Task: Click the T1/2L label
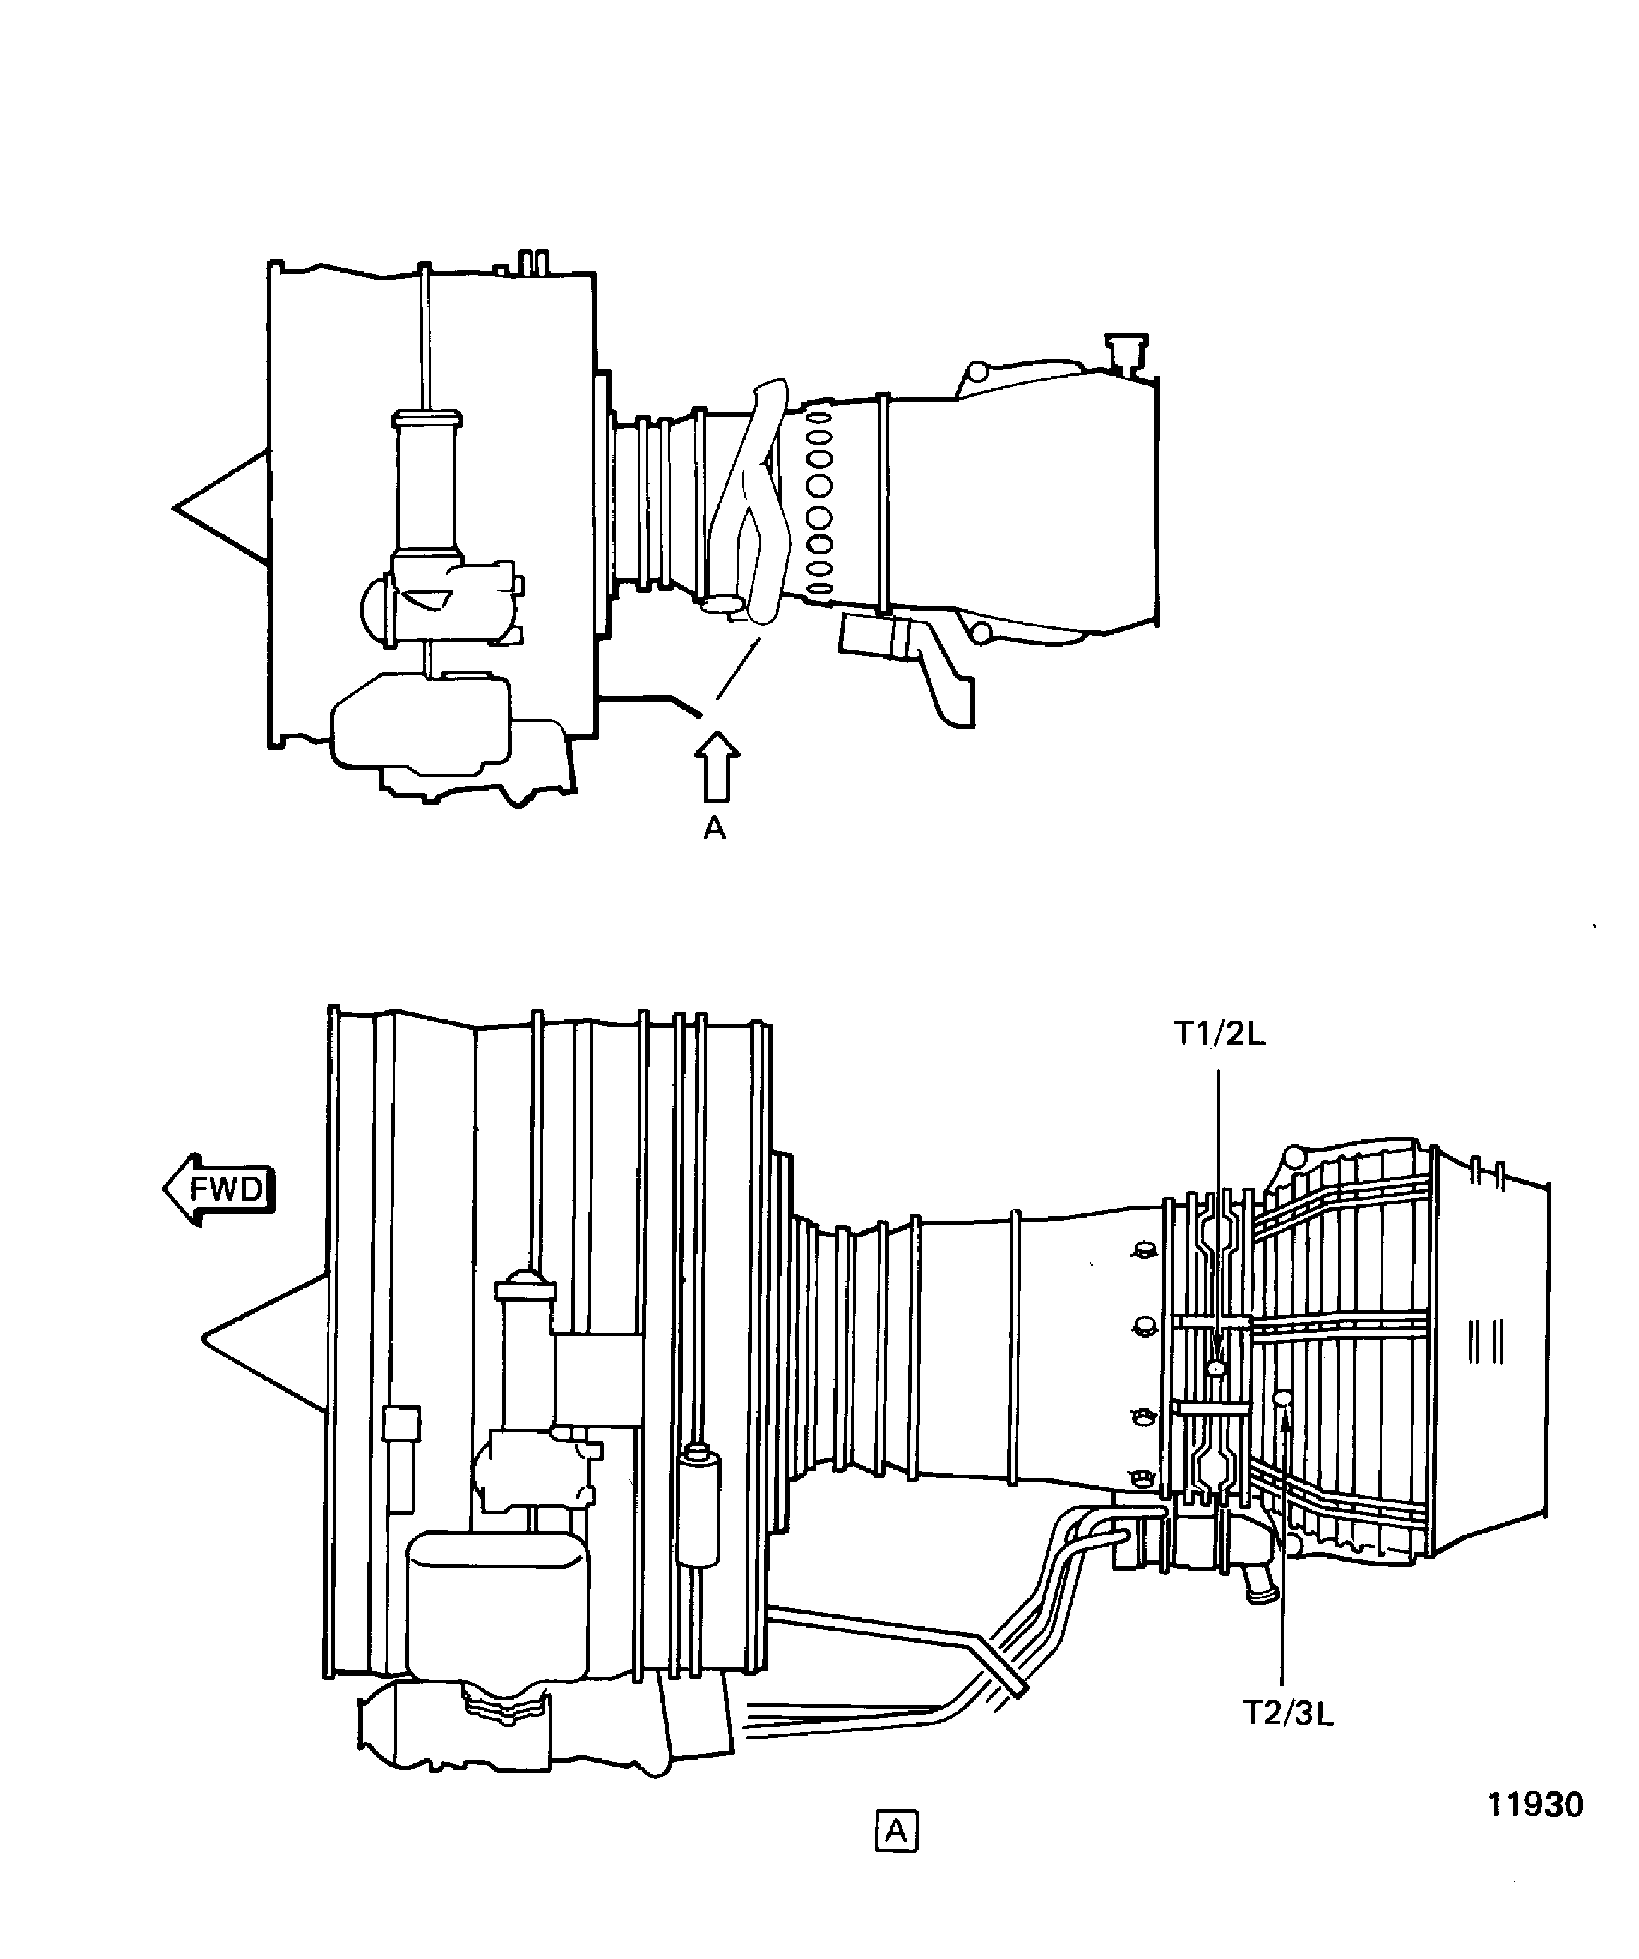click(1219, 1036)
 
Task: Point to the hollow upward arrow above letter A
click(716, 765)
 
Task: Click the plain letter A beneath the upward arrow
click(714, 827)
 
